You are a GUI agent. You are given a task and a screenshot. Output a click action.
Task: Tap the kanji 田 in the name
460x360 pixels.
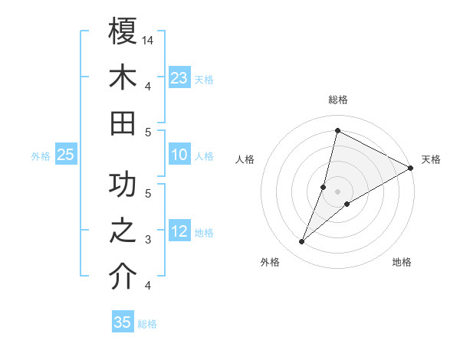pyautogui.click(x=123, y=123)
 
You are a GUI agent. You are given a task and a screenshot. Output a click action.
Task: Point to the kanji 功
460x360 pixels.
pyautogui.click(x=123, y=187)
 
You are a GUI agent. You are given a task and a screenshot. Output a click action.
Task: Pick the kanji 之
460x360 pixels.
pyautogui.click(x=123, y=232)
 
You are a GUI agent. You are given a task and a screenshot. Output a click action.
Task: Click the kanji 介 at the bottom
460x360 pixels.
pyautogui.click(x=123, y=277)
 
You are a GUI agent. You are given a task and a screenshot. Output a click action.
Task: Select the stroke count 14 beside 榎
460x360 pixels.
pyautogui.click(x=148, y=40)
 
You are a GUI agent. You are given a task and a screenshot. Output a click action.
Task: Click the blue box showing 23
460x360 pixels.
pyautogui.click(x=179, y=78)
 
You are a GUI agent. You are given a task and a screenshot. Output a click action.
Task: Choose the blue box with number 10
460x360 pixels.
pyautogui.click(x=179, y=155)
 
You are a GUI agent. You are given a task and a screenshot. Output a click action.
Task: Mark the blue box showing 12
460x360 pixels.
pyautogui.click(x=179, y=232)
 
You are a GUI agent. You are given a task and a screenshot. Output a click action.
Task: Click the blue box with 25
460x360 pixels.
pyautogui.click(x=65, y=155)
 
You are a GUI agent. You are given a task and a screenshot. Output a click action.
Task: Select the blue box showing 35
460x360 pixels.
pyautogui.click(x=123, y=322)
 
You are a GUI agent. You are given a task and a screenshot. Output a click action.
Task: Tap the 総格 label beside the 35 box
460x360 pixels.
pyautogui.click(x=147, y=324)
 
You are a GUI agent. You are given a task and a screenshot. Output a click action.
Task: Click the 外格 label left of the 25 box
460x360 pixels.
pyautogui.click(x=41, y=156)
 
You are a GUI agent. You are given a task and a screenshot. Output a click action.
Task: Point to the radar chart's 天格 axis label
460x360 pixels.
pyautogui.click(x=431, y=159)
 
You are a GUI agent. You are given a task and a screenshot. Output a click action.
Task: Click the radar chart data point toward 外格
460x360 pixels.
pyautogui.click(x=302, y=242)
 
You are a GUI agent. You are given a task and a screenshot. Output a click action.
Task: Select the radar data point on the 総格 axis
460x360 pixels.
pyautogui.click(x=337, y=130)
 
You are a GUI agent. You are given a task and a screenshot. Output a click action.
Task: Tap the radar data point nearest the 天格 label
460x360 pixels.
pyautogui.click(x=410, y=169)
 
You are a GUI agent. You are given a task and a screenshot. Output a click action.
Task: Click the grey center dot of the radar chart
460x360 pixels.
pyautogui.click(x=337, y=191)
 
